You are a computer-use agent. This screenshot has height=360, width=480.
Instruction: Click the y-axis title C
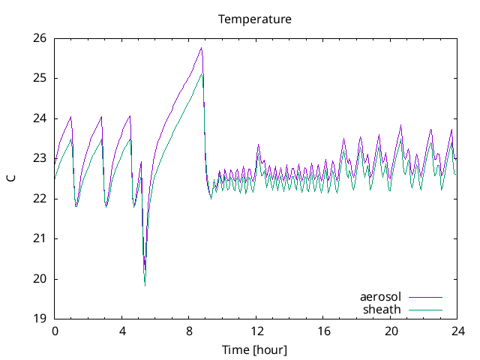[10, 178]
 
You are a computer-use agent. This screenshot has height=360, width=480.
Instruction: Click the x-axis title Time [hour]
[255, 350]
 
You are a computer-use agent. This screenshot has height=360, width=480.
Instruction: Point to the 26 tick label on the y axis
[40, 38]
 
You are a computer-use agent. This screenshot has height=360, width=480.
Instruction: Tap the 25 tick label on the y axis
[40, 78]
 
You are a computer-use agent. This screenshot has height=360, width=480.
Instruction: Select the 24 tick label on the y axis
[40, 118]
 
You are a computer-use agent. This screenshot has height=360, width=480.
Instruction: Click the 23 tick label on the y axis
[40, 158]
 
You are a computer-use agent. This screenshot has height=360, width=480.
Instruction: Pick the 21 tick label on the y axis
[40, 238]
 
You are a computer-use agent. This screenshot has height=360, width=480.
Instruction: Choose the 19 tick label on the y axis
[40, 319]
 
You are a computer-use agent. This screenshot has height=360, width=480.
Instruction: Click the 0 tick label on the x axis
[55, 331]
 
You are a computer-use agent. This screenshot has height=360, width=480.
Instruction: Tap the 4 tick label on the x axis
[122, 331]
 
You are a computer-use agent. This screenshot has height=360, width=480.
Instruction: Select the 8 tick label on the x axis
[189, 331]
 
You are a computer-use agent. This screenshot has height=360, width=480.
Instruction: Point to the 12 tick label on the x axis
[256, 331]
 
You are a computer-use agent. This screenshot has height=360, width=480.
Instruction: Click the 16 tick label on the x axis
[324, 331]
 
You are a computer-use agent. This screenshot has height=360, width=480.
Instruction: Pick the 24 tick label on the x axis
[458, 331]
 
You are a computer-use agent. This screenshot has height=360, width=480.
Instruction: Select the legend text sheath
[382, 309]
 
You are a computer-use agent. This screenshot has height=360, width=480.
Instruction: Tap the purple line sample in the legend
[425, 298]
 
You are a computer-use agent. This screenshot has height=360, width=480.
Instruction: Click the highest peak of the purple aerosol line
[201, 48]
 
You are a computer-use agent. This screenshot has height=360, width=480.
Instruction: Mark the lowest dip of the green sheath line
[145, 286]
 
